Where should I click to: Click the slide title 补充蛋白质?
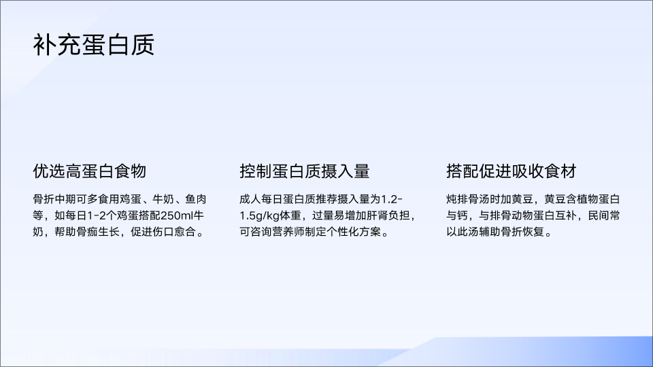[x=94, y=45]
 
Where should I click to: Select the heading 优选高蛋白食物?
[x=90, y=171]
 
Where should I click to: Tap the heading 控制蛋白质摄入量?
[x=305, y=171]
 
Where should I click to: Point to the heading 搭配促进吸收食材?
[x=512, y=171]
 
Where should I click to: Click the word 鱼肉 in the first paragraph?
[x=196, y=199]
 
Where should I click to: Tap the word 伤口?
[x=163, y=232]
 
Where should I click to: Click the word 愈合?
[x=185, y=232]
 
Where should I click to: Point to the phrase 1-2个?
[x=101, y=215]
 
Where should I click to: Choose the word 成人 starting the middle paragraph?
[x=250, y=199]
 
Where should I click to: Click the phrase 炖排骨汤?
[x=468, y=199]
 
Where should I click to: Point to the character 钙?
[x=463, y=215]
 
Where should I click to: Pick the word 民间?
[x=599, y=215]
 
